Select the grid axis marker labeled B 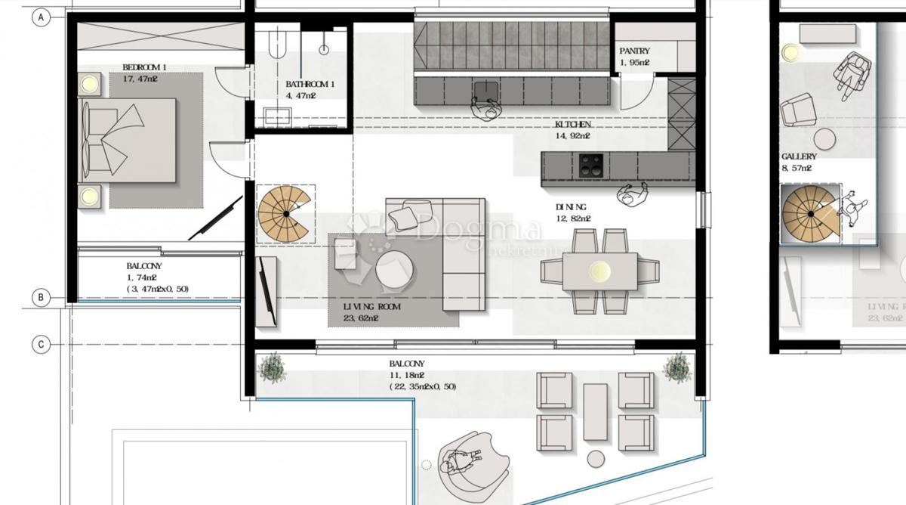click(41, 298)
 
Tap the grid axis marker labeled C click(41, 345)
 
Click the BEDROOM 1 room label click(144, 67)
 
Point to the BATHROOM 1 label click(310, 85)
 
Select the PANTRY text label click(634, 51)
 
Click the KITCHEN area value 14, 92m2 click(573, 136)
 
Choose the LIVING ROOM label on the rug click(371, 308)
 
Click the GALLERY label click(799, 156)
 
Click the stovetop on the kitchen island click(590, 164)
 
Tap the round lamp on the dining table click(600, 270)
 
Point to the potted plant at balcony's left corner click(271, 369)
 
